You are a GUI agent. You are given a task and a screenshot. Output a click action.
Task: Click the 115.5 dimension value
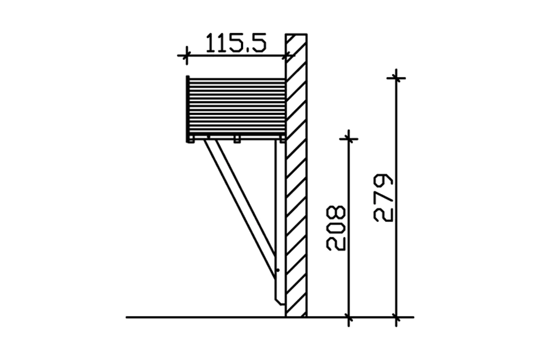[236, 43]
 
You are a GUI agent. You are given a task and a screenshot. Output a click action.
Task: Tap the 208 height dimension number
[336, 228]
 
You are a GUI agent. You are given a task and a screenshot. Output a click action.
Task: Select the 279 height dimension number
[383, 198]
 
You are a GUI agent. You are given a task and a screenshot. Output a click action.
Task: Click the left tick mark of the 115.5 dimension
[187, 55]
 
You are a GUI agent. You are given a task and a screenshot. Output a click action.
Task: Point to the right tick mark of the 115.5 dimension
[286, 56]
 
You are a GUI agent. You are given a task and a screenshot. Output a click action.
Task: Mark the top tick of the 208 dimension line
[349, 139]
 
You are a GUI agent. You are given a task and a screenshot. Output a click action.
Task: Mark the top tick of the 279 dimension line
[396, 78]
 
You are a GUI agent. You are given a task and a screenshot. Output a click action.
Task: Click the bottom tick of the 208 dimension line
[349, 317]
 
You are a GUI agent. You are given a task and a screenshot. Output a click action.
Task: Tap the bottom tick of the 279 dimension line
[396, 317]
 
